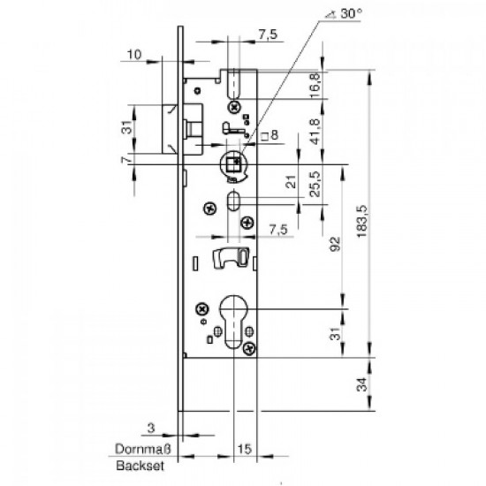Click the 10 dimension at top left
click(133, 53)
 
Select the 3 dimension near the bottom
click(151, 428)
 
